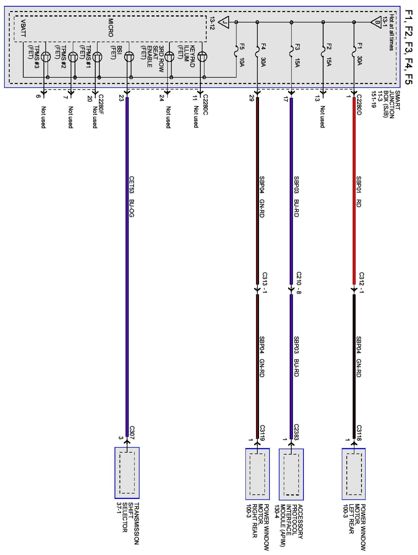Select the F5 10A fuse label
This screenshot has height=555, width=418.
(x=242, y=55)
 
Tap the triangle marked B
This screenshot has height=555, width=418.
(x=376, y=22)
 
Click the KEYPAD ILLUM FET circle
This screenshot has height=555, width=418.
(x=202, y=57)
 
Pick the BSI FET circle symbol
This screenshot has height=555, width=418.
(x=129, y=57)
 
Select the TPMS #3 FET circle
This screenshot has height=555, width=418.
(x=46, y=57)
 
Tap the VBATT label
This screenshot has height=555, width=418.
(x=23, y=28)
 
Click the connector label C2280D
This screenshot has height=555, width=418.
(x=359, y=105)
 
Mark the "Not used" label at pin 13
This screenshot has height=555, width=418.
(x=323, y=117)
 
